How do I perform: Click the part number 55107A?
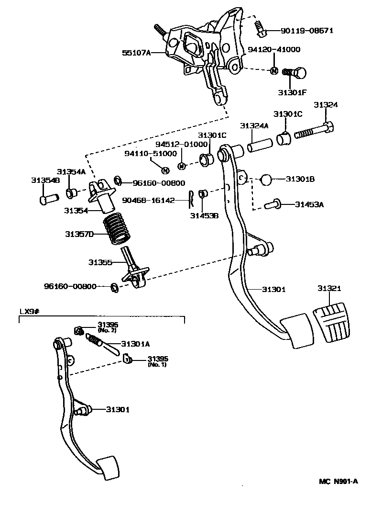click(135, 53)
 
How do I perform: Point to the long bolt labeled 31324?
click(313, 130)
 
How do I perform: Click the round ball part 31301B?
click(266, 180)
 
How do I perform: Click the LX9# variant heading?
click(29, 311)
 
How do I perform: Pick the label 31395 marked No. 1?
click(157, 359)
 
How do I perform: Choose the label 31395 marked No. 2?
click(107, 325)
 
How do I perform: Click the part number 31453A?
click(309, 204)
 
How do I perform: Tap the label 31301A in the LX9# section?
click(135, 343)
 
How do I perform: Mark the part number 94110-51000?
click(151, 154)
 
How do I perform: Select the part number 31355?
click(100, 262)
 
